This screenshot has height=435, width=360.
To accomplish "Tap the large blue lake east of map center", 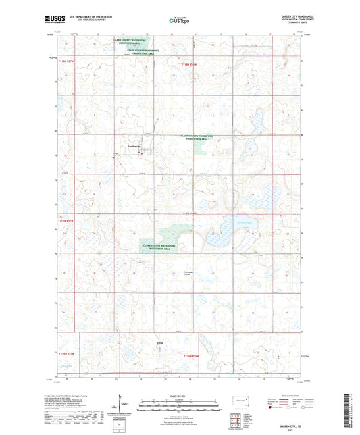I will [x=223, y=238].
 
